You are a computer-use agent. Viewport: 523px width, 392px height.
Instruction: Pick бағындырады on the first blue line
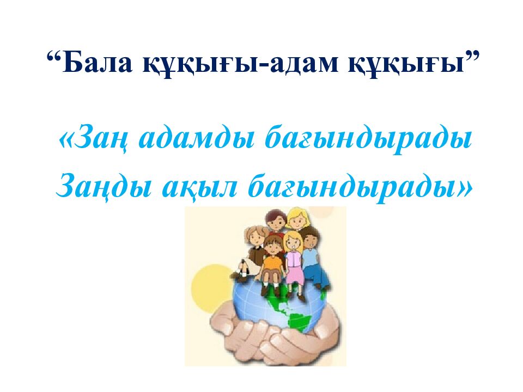click(x=368, y=140)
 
